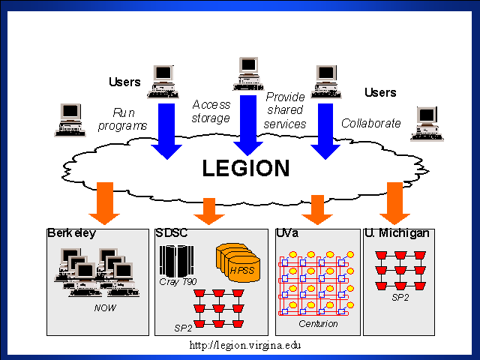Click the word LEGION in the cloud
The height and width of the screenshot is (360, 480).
245,168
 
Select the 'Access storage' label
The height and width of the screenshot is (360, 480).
211,111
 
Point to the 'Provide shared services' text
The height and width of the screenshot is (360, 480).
286,110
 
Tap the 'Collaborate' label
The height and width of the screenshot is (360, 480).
371,124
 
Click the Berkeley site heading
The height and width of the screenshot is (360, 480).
72,233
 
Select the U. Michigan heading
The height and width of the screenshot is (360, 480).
397,233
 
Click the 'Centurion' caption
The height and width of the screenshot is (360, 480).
319,324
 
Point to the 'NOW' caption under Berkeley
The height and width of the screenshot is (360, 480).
105,307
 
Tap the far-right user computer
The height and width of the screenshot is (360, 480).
426,123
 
